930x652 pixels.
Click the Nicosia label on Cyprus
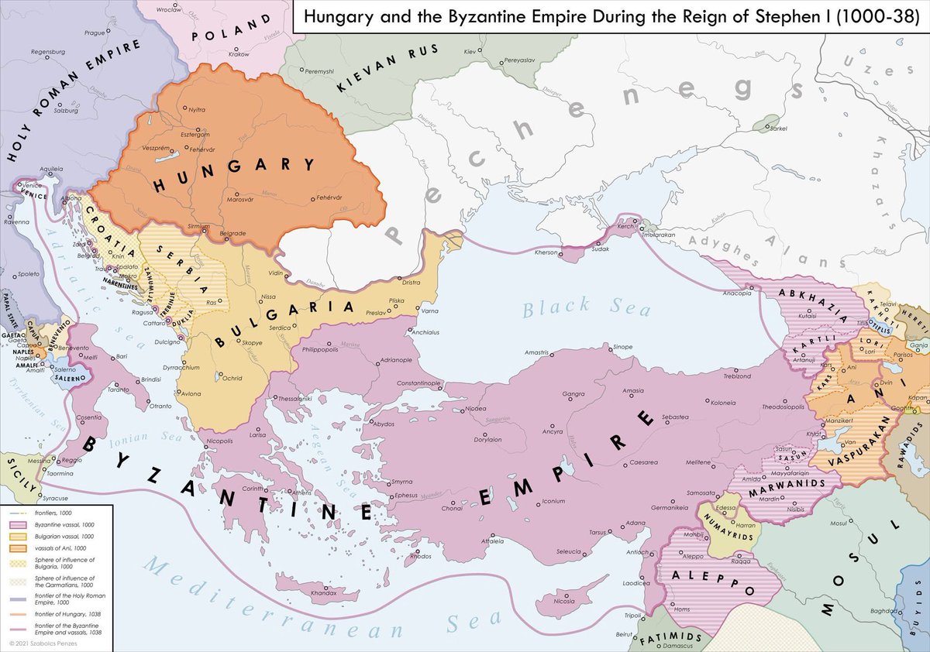[564, 602]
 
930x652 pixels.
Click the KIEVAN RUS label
[387, 70]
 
